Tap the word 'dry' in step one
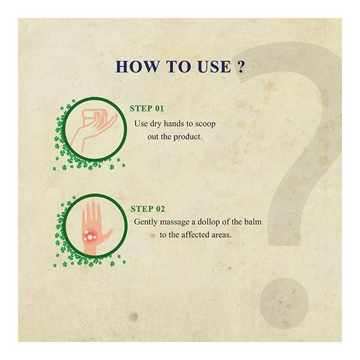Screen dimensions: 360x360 point(158,124)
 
